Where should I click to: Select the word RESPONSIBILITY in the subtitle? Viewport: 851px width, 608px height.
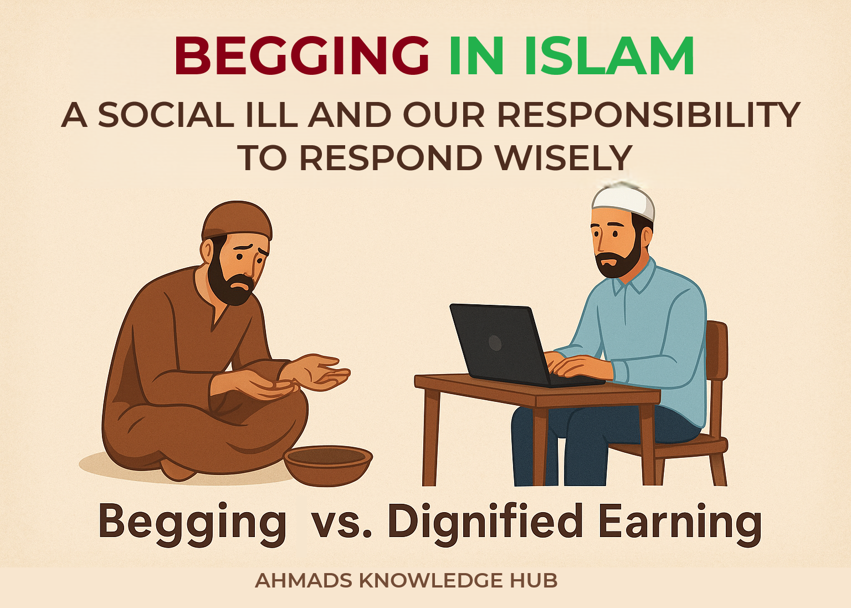[x=643, y=115]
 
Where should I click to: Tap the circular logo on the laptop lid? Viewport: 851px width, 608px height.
[x=495, y=343]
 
